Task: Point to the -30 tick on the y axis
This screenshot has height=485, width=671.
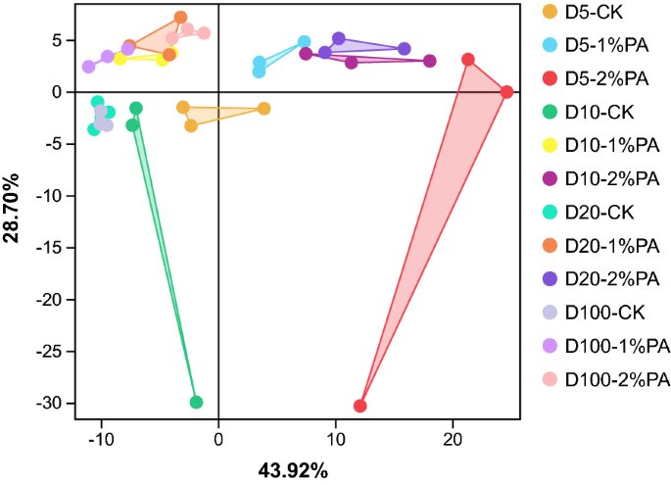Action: point(51,403)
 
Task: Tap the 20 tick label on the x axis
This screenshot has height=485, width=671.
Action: point(453,441)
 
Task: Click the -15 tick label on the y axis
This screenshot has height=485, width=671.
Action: point(51,247)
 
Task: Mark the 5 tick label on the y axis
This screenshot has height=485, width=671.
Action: point(59,40)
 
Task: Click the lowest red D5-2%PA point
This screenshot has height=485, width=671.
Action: point(360,406)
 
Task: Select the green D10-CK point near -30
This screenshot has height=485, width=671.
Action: point(196,402)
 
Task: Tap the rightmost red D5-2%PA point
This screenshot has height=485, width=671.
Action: point(506,92)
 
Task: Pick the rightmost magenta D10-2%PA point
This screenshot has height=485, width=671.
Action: point(429,61)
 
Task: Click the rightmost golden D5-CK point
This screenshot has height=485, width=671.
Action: point(264,109)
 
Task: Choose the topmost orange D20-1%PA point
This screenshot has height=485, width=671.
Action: point(180,18)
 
